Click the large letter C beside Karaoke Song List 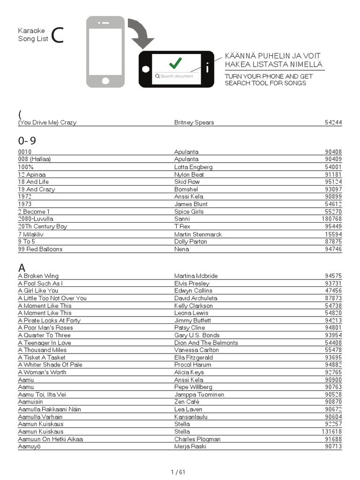tap(57, 36)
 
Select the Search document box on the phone tap(176, 76)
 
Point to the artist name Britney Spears tap(194, 122)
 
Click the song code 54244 tap(333, 122)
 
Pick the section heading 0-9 tap(27, 141)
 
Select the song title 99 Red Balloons tap(40, 249)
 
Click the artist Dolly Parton tap(190, 241)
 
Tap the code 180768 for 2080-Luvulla tap(331, 219)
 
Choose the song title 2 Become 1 tap(34, 211)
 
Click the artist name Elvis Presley tap(192, 283)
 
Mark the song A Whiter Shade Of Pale tap(50, 365)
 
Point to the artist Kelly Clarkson tap(193, 306)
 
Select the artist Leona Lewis tap(191, 313)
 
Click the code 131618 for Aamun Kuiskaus tap(331, 431)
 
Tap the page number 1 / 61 tap(178, 472)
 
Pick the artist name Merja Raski tap(190, 446)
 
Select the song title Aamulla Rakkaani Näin tap(49, 409)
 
